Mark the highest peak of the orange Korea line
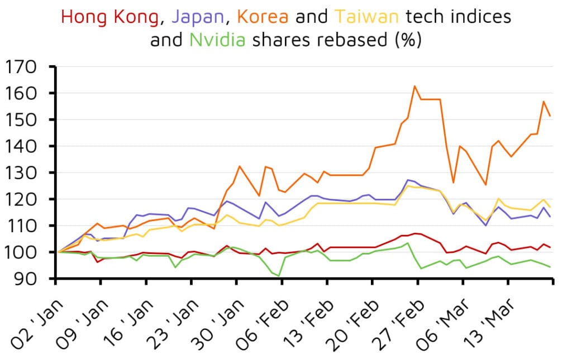[414, 86]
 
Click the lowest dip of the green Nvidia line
[279, 276]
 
